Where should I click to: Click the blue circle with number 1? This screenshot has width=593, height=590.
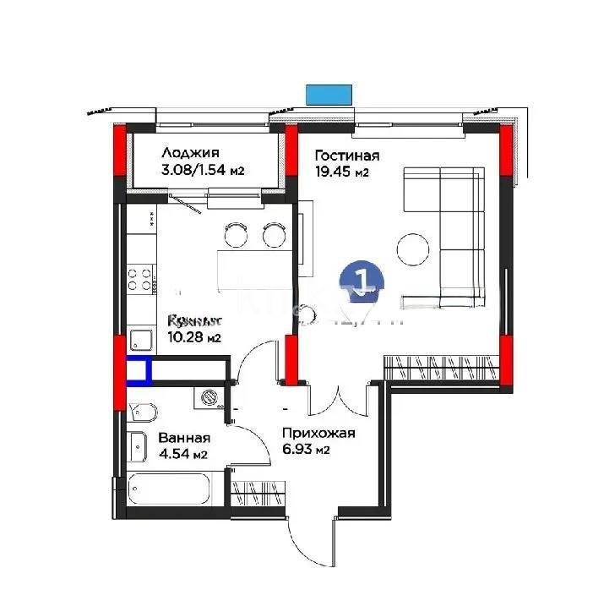[x=362, y=281]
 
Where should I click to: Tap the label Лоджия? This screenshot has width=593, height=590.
[x=190, y=153]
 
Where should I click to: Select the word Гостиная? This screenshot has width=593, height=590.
[x=346, y=156]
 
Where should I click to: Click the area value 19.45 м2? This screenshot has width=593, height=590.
[x=342, y=172]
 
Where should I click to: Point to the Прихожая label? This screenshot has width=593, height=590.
[x=318, y=434]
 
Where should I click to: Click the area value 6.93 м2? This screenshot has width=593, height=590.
[x=306, y=451]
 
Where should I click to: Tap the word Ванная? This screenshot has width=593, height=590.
[x=184, y=439]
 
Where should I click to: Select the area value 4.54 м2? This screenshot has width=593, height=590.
[x=182, y=456]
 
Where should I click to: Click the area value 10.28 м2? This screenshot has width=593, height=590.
[x=193, y=338]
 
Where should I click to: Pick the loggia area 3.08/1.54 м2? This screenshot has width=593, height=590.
[x=202, y=170]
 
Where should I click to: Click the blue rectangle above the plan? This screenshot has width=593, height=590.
[x=329, y=94]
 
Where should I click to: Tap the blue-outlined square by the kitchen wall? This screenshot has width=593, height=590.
[x=139, y=370]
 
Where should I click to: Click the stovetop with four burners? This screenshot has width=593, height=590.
[x=140, y=279]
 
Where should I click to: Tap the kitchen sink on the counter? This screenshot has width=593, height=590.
[x=139, y=341]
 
